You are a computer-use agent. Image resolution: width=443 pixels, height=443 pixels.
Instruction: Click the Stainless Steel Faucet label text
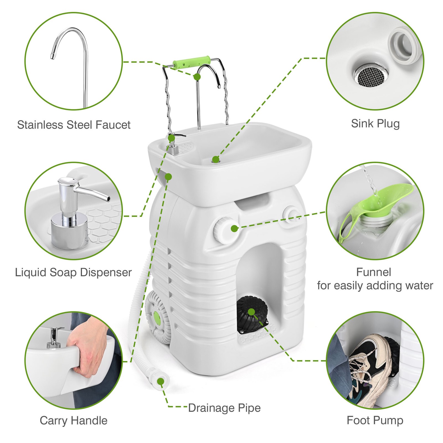(x=74, y=125)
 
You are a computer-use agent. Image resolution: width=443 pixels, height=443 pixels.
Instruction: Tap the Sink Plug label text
(x=375, y=123)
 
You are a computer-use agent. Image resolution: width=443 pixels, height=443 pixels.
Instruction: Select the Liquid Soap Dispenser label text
(x=73, y=272)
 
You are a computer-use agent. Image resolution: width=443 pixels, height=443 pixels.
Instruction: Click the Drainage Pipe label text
(x=224, y=408)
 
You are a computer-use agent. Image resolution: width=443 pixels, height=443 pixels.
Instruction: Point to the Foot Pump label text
(x=375, y=420)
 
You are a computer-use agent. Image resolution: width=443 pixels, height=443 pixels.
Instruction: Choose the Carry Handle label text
(x=73, y=421)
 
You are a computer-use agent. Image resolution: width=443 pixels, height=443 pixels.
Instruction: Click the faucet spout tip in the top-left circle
(x=52, y=57)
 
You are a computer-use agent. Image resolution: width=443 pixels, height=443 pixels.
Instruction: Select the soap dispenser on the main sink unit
(x=174, y=145)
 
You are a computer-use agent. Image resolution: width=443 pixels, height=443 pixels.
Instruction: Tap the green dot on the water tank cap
(x=234, y=228)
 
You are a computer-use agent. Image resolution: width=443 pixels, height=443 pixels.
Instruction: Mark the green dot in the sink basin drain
(x=215, y=159)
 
